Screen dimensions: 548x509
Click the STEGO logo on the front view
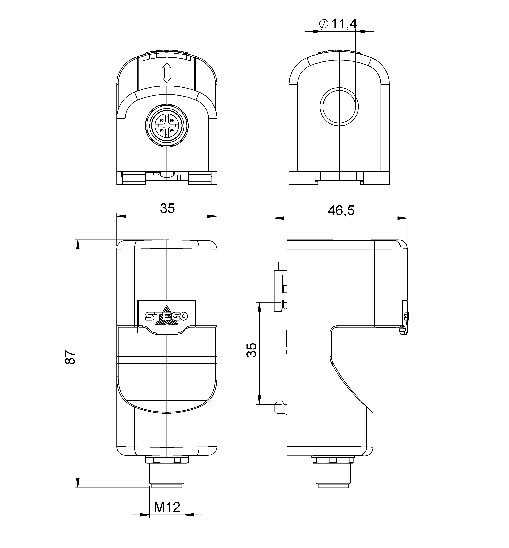[x=167, y=316]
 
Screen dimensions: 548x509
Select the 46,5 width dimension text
[x=341, y=211]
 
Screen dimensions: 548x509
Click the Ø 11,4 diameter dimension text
[x=339, y=24]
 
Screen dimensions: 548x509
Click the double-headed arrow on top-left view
[x=167, y=73]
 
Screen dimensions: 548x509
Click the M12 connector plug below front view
[x=167, y=475]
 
